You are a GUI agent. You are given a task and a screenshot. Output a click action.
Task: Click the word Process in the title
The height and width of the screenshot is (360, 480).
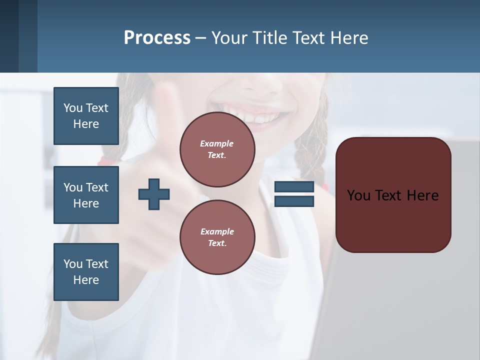[x=157, y=38]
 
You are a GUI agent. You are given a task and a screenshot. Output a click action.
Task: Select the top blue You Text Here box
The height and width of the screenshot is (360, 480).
[x=86, y=116]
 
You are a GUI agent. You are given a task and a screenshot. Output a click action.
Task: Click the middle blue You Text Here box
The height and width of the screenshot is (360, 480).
[x=86, y=195]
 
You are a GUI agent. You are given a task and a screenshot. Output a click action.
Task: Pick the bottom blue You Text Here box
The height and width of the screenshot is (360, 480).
[x=86, y=272]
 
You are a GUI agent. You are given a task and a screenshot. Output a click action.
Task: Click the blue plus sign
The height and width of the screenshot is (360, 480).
[x=154, y=194]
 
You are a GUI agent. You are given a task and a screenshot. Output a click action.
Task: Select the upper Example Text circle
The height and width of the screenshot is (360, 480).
[x=217, y=149]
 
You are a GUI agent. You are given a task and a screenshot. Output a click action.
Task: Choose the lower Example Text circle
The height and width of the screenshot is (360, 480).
[x=217, y=237]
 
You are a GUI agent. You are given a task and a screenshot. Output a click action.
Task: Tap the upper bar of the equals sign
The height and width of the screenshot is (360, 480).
[x=294, y=187]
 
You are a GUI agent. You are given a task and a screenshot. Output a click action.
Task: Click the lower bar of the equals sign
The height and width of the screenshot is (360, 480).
[x=294, y=201]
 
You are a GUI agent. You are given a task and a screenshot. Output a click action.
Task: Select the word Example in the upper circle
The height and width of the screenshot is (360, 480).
[x=217, y=143]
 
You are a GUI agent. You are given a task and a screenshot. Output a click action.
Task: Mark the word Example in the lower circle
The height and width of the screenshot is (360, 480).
[x=217, y=231]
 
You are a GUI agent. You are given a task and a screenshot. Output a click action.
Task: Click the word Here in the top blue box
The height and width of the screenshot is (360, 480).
[x=86, y=124]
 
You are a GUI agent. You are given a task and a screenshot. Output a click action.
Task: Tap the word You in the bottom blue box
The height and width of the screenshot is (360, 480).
[x=73, y=264]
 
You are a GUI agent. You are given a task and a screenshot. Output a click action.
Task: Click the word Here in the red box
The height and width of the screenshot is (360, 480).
[x=422, y=195]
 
